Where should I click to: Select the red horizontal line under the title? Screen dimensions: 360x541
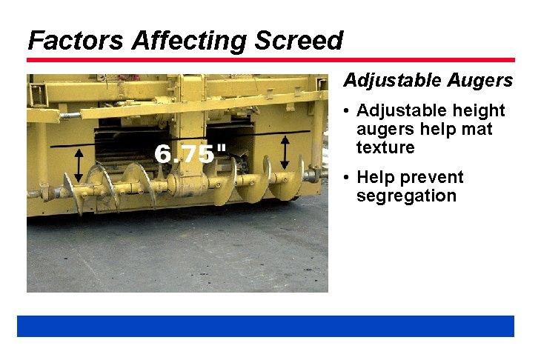[x=270, y=60]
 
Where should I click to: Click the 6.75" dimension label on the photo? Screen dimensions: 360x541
[x=190, y=154]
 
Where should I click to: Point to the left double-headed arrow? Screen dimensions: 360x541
[x=79, y=165]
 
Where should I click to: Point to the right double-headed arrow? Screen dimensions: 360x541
[x=285, y=152]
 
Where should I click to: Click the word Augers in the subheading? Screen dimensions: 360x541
[x=480, y=80]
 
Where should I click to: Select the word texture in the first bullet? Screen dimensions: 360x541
[x=385, y=147]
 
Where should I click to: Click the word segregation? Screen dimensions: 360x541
[x=406, y=196]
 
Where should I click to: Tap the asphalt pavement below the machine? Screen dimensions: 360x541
[x=178, y=252]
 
